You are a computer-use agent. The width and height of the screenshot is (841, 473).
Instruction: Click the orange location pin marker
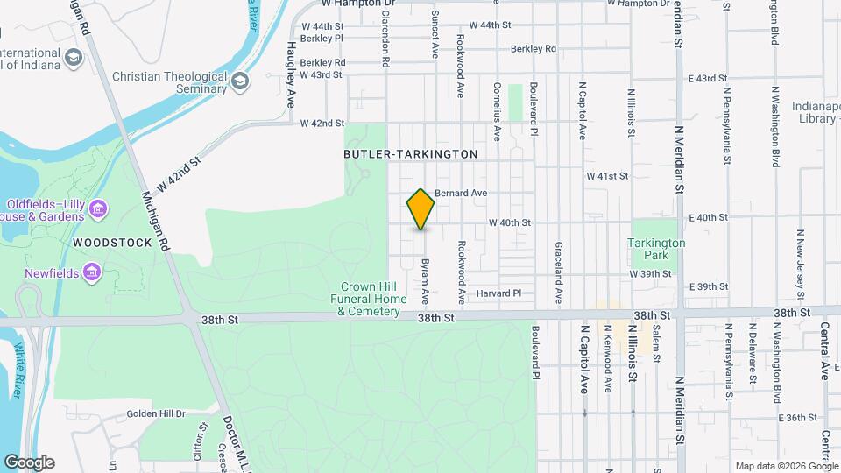(x=420, y=209)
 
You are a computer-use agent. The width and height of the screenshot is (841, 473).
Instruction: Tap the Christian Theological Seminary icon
(x=239, y=81)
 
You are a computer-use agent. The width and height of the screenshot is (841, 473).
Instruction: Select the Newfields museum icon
(x=89, y=274)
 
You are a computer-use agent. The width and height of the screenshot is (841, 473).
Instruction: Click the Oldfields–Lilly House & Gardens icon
(x=98, y=208)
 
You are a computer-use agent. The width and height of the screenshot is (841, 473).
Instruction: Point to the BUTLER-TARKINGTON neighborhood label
(x=411, y=154)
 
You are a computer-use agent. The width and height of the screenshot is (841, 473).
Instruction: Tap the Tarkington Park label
(x=657, y=249)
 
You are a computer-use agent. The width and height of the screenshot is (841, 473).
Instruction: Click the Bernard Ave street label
(x=460, y=193)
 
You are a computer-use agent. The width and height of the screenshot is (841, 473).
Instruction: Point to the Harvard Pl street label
(x=498, y=293)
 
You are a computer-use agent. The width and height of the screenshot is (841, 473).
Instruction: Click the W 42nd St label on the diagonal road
(x=179, y=174)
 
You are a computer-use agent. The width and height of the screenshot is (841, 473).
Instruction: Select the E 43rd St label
(x=708, y=79)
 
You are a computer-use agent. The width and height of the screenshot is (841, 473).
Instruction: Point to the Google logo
(x=29, y=462)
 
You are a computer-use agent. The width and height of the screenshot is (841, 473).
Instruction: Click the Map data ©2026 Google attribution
(x=785, y=466)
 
